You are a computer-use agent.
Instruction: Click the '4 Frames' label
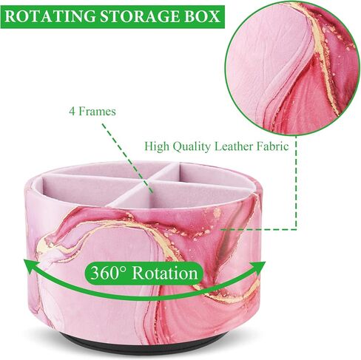[x=92, y=112]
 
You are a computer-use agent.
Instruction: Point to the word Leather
[x=234, y=146]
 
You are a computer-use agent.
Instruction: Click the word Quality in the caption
[x=192, y=147]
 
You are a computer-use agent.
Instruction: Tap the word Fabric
[x=273, y=146]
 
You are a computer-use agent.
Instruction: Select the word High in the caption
[x=157, y=147]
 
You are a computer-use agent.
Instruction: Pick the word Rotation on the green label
[x=165, y=273]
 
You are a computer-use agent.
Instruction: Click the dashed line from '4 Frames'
[x=127, y=160]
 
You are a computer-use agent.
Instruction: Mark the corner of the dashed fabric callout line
[x=296, y=229]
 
